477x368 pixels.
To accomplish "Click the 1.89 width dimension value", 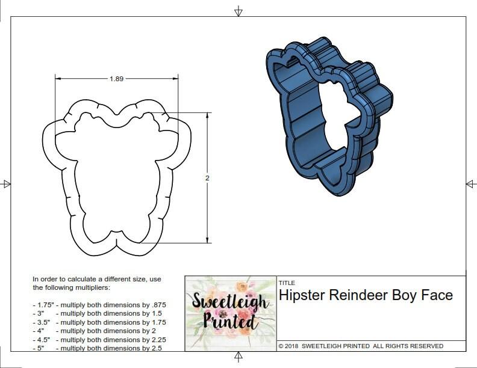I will (x=117, y=78).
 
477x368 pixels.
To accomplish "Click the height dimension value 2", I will (x=208, y=178).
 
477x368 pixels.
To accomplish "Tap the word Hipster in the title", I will (x=302, y=295).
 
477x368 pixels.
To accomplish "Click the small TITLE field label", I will (x=286, y=283).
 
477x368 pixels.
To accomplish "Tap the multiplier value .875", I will (x=158, y=305).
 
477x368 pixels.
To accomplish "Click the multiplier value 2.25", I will (x=155, y=340).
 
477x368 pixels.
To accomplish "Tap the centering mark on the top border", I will (x=238, y=11).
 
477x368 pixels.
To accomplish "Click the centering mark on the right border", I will (x=470, y=183).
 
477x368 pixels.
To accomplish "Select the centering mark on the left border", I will (x=7, y=183).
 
